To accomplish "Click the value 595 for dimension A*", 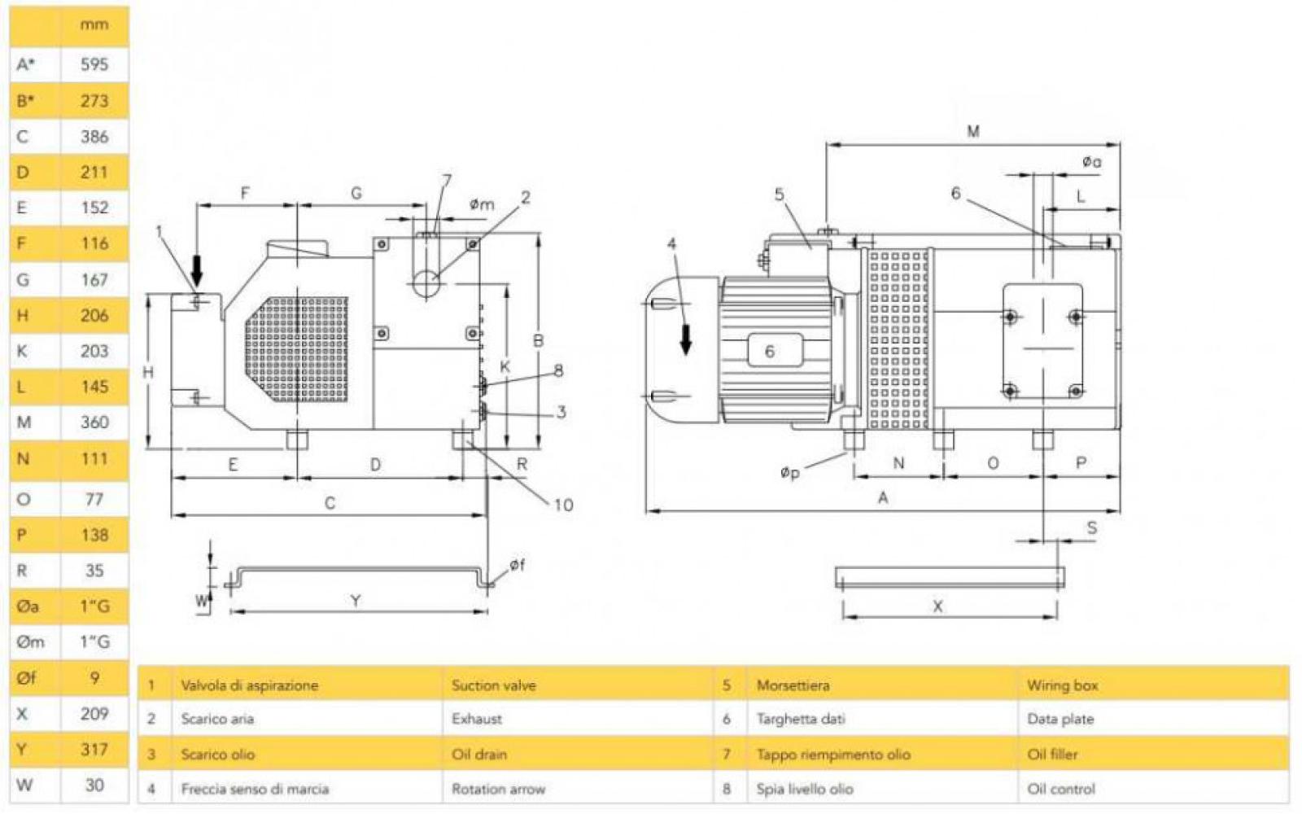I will pos(94,64).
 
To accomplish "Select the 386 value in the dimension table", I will pos(94,137).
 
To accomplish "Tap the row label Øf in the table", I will pos(27,677).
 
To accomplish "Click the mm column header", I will pos(94,24).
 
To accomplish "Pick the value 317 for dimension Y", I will pos(94,749).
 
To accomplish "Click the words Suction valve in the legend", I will pos(494,685).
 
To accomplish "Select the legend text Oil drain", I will pos(479,755).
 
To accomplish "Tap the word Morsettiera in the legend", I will pos(793,685).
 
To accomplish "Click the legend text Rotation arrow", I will pos(498,789).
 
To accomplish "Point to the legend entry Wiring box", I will pos(1062,685).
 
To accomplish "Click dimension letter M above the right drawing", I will pos(973,131).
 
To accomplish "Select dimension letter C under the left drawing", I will pos(330,503).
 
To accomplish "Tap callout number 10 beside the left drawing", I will pos(563,505).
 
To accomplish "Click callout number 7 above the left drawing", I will pos(446,180).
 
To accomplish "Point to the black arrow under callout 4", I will pos(686,339).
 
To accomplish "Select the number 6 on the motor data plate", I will pos(769,351).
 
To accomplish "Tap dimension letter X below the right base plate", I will pos(937,606).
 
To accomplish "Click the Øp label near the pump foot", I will pos(789,472).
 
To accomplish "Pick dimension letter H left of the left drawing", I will pos(148,372).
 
